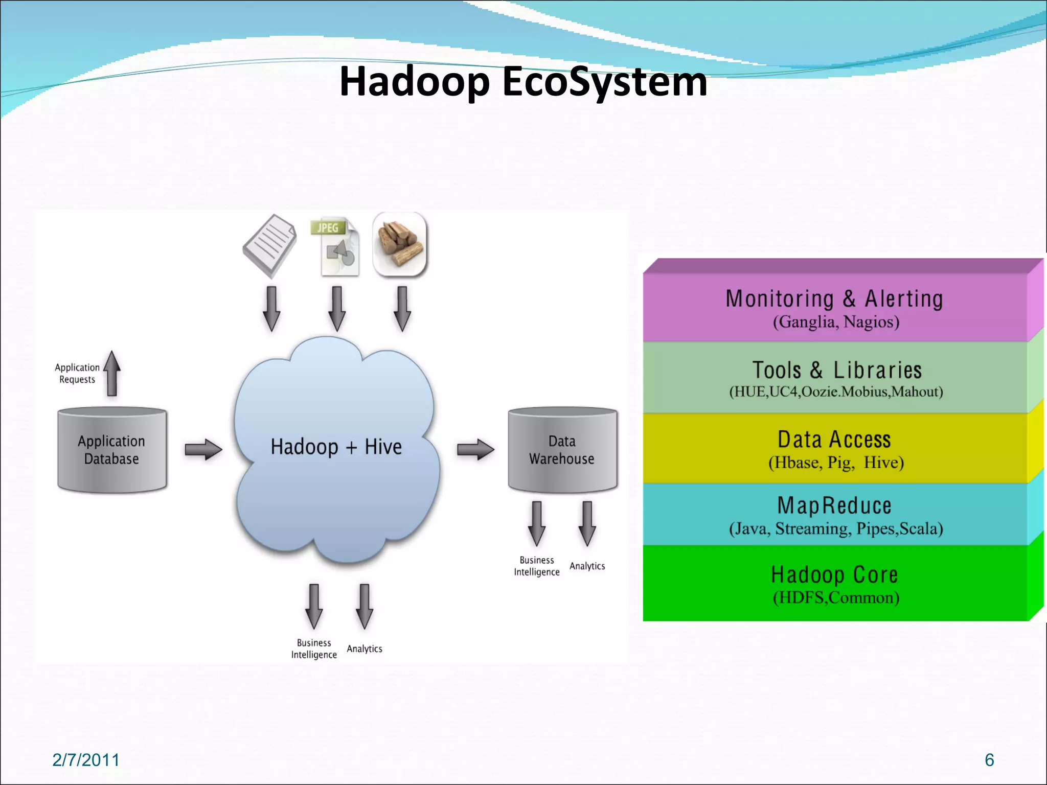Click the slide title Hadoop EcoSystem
pos(523,82)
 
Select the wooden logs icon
pos(400,244)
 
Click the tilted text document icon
pos(269,246)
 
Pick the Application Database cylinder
pos(112,450)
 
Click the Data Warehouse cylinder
pos(562,450)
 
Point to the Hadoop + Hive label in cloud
pos(336,447)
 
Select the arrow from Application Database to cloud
pos(203,450)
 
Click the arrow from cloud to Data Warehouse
pos(475,450)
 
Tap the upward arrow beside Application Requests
pos(112,374)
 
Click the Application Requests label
pos(77,374)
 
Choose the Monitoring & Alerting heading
pos(834,298)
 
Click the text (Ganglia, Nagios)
pos(836,322)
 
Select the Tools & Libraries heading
pos(836,370)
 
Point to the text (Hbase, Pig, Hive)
pos(836,463)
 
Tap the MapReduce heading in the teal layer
pos(834,505)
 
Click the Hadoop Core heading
pos(834,574)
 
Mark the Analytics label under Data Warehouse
pos(587,566)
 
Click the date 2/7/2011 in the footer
pos(86,760)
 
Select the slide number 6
pos(989,760)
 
